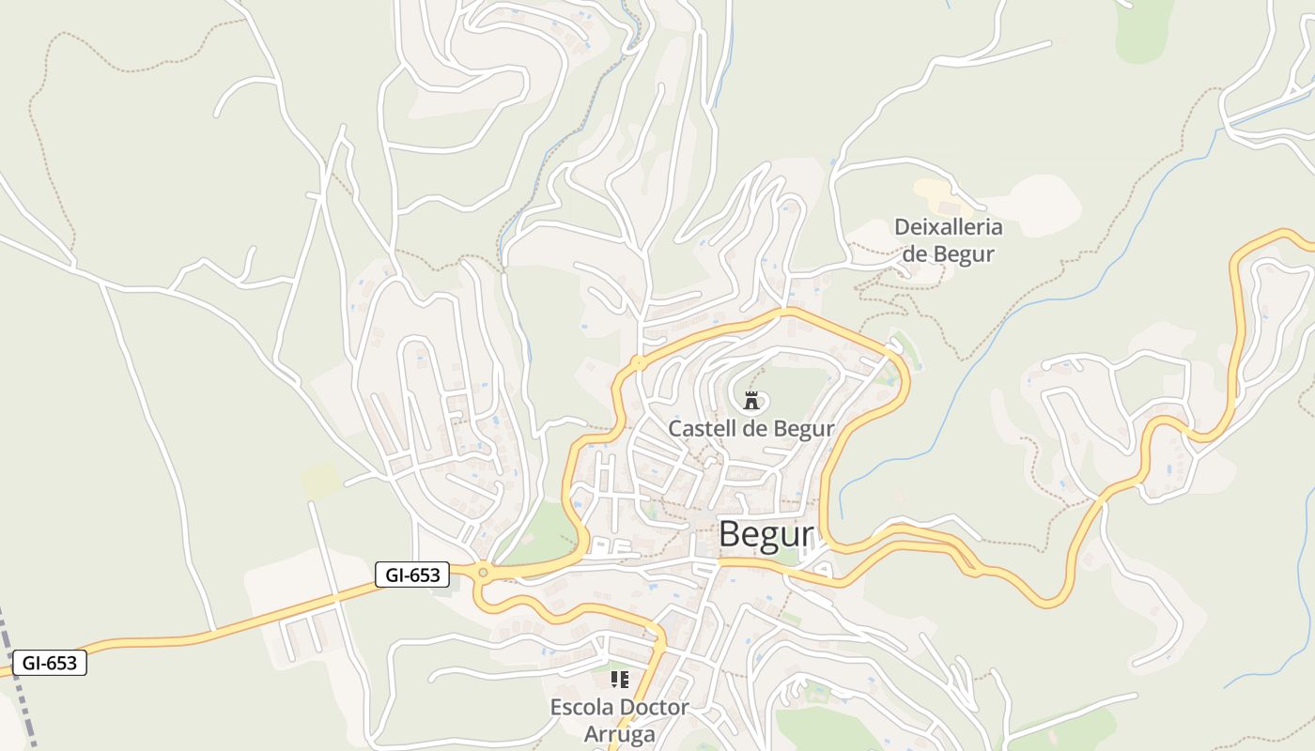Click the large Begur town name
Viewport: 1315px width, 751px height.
766,534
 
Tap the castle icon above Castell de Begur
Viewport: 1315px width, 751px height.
750,401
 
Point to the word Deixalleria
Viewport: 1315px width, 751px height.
948,227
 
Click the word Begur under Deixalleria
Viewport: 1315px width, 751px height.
964,253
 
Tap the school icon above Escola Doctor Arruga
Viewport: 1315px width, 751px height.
619,679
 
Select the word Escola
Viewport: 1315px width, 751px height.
582,707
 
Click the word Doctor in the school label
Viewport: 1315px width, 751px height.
656,707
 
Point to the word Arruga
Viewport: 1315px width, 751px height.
620,733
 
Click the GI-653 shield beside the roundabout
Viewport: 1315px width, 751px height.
412,575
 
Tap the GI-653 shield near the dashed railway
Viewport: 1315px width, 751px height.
50,663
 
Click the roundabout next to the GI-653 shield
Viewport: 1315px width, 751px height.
483,572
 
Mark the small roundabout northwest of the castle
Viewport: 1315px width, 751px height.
638,361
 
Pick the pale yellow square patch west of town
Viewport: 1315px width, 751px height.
321,480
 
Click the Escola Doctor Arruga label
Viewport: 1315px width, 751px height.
620,720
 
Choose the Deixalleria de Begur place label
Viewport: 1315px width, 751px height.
948,240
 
